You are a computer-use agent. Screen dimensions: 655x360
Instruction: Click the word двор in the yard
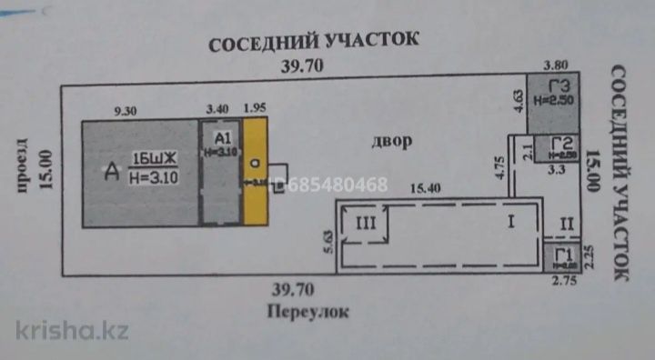[x=392, y=142]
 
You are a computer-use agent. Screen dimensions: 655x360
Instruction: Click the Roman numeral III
[x=364, y=222]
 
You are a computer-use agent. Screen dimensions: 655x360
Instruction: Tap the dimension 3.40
[x=217, y=110]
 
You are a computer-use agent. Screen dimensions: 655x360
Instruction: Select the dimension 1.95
[x=255, y=110]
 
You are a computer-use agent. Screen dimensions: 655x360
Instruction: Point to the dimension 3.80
[x=554, y=65]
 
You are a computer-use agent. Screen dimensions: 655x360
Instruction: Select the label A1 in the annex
[x=222, y=135]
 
